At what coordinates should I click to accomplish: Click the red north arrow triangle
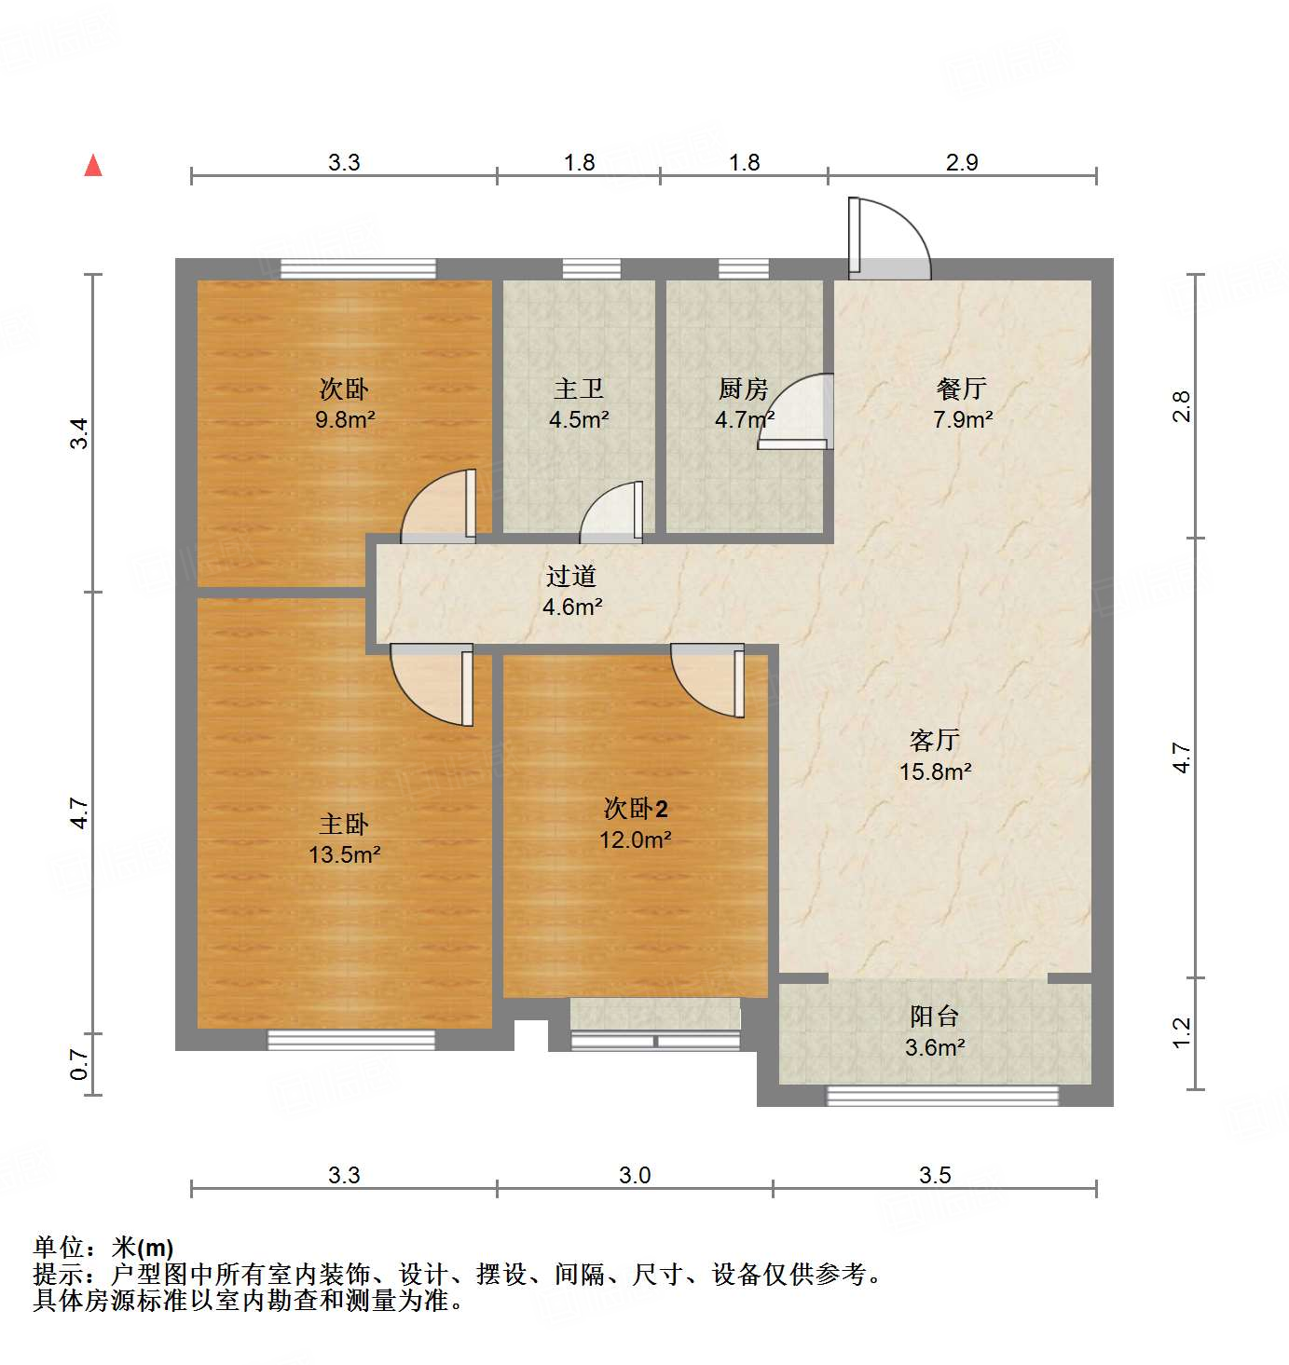(x=93, y=166)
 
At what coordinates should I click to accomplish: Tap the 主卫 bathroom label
(x=579, y=389)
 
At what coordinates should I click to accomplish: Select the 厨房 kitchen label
(x=743, y=389)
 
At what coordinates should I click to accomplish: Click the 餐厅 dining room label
(x=962, y=389)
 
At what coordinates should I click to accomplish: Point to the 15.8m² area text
(x=935, y=771)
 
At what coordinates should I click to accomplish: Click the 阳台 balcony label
(x=934, y=1017)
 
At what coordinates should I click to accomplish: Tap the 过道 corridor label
(x=571, y=577)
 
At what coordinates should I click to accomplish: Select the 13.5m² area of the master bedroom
(x=345, y=854)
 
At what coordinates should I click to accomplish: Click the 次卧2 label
(x=636, y=808)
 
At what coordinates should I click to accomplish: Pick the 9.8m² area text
(x=345, y=419)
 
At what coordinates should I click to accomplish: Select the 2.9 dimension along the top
(x=962, y=163)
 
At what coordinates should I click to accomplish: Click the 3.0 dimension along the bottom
(x=635, y=1176)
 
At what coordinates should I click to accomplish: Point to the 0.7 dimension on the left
(x=80, y=1064)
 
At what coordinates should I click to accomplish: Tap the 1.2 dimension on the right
(x=1182, y=1032)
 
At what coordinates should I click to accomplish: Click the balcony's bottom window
(x=942, y=1097)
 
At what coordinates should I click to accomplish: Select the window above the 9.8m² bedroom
(x=358, y=269)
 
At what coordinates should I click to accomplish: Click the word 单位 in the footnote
(x=59, y=1248)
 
